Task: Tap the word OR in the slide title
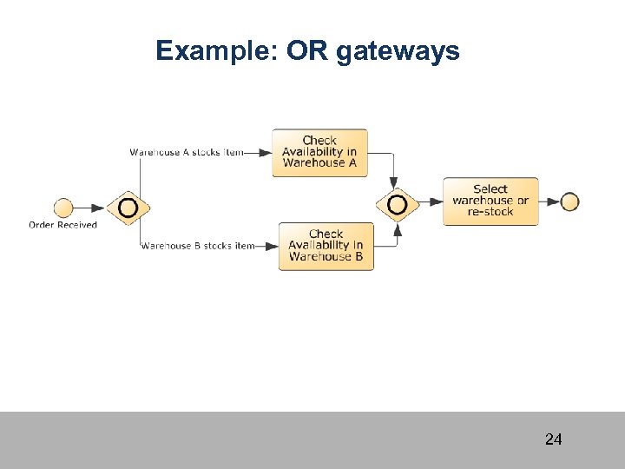pyautogui.click(x=306, y=51)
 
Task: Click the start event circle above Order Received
pyautogui.click(x=63, y=208)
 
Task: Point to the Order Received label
pyautogui.click(x=62, y=225)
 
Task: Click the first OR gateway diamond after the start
pyautogui.click(x=128, y=208)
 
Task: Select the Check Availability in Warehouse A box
pyautogui.click(x=319, y=153)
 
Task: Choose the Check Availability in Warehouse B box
pyautogui.click(x=326, y=246)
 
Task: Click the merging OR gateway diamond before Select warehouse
pyautogui.click(x=397, y=205)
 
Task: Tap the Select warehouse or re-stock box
pyautogui.click(x=490, y=201)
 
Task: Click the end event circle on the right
pyautogui.click(x=569, y=201)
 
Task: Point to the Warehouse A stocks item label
pyautogui.click(x=186, y=153)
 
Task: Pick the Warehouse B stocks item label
pyautogui.click(x=197, y=246)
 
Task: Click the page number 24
pyautogui.click(x=553, y=439)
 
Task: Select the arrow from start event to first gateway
pyautogui.click(x=89, y=208)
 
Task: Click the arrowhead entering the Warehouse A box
pyautogui.click(x=265, y=153)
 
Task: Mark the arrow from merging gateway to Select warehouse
pyautogui.click(x=430, y=202)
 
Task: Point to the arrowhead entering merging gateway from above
pyautogui.click(x=394, y=182)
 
